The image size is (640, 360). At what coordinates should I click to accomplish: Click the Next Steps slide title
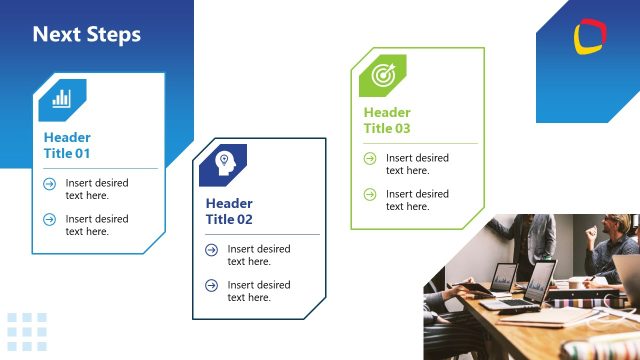pos(87,35)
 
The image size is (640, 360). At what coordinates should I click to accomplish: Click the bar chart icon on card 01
pos(62,98)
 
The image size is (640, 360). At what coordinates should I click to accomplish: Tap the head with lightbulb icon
pos(224,163)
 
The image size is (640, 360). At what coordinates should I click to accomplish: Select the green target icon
pos(383,74)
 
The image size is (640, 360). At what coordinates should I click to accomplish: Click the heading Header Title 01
pos(67,146)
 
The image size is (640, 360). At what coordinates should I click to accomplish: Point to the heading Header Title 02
pos(229,211)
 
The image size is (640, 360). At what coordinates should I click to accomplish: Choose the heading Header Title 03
pos(387,120)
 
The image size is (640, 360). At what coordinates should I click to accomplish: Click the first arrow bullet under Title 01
pos(49,184)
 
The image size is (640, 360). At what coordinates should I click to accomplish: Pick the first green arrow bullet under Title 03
pos(370,158)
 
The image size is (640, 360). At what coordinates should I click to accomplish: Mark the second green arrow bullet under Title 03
pos(370,194)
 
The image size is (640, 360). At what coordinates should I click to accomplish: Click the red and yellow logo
pos(589,38)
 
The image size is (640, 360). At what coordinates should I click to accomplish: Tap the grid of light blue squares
pos(27,332)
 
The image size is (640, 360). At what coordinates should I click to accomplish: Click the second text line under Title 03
pos(417,200)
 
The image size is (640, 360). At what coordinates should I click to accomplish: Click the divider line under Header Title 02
pos(262,234)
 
